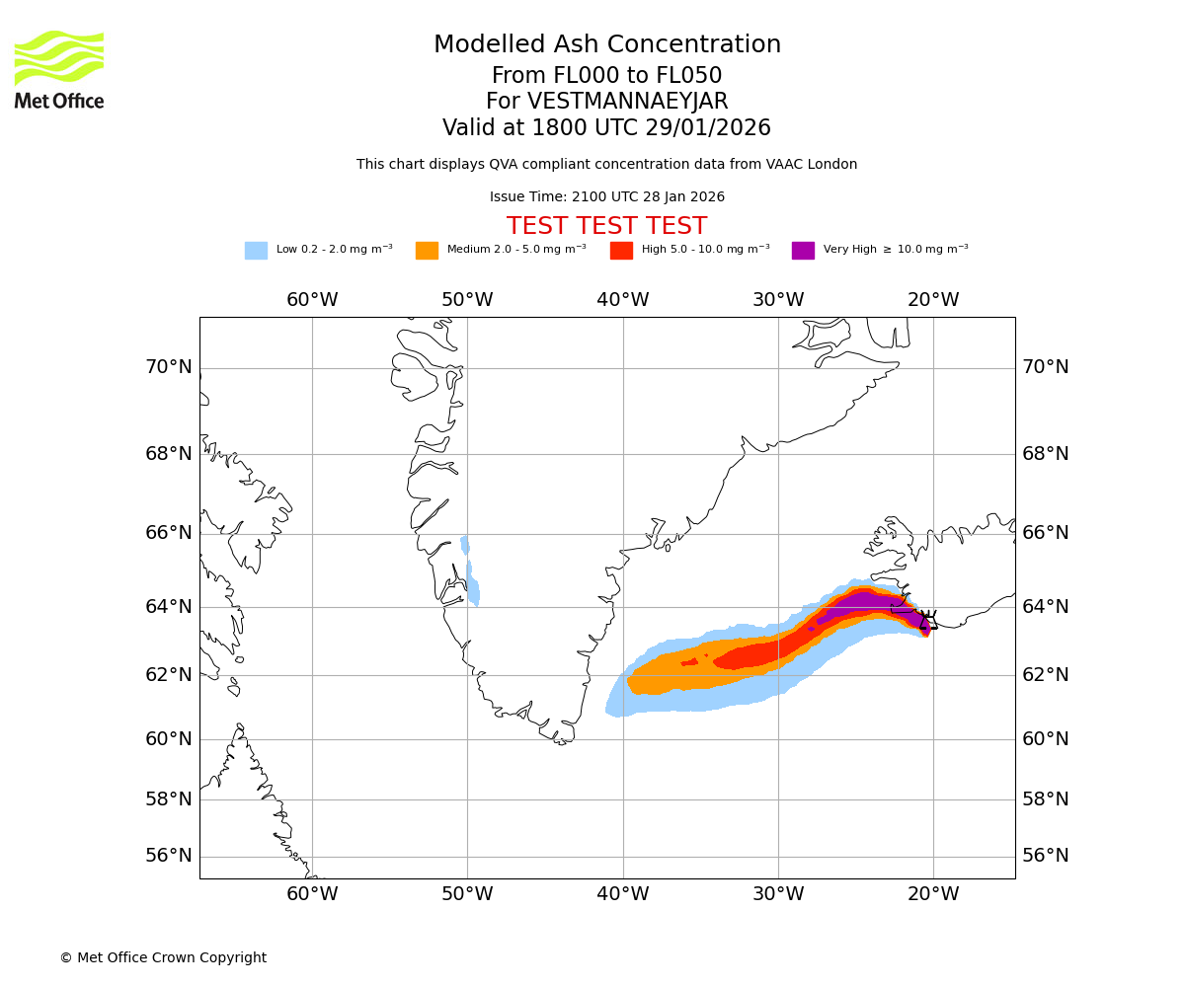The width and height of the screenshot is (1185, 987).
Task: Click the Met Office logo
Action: point(59,69)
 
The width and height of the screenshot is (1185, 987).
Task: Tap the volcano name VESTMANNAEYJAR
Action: point(628,102)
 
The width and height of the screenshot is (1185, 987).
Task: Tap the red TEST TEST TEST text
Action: point(606,227)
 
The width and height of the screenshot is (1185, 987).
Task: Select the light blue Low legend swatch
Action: point(256,251)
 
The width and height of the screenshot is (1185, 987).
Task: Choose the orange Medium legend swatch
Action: point(427,251)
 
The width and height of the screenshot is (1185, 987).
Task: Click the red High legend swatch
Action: point(621,251)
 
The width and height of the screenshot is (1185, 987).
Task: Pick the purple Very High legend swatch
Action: point(803,251)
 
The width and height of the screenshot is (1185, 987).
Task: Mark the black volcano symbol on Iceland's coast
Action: point(927,620)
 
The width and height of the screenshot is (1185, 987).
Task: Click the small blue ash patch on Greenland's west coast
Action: point(472,582)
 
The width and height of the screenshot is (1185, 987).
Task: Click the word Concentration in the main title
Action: point(694,45)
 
